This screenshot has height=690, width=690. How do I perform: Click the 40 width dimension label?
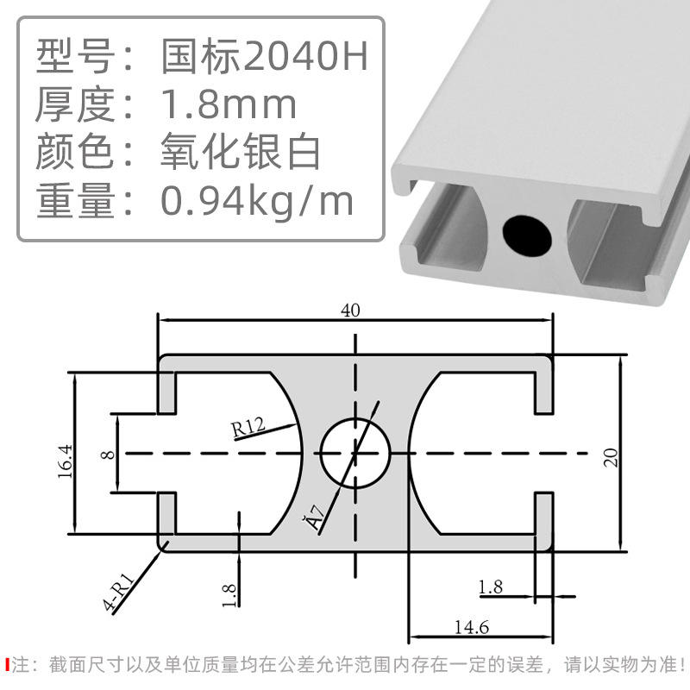[x=350, y=311]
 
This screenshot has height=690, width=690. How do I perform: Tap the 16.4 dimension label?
[x=65, y=455]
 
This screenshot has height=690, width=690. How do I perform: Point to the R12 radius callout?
[x=247, y=426]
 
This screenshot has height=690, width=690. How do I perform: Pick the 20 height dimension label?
[x=611, y=455]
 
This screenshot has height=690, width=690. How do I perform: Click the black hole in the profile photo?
[x=527, y=232]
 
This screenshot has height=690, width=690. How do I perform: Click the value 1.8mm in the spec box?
[x=229, y=105]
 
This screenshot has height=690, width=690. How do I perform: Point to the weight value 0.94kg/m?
[x=258, y=201]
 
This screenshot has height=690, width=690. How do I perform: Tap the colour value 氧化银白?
[x=241, y=153]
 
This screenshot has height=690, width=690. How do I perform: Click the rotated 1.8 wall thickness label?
[x=229, y=595]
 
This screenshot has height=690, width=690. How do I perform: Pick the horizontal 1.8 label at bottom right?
[x=491, y=587]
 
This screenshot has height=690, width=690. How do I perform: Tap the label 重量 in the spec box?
[x=75, y=201]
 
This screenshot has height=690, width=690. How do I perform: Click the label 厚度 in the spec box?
[x=75, y=105]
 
